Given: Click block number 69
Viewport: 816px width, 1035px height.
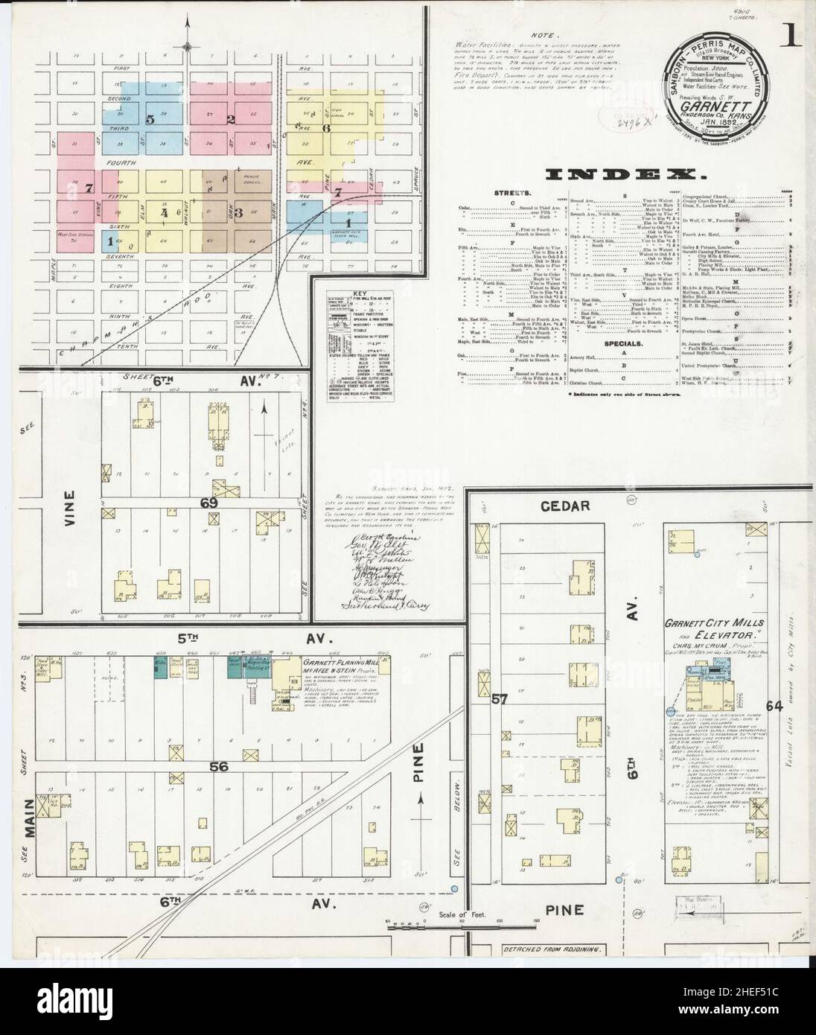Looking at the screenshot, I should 208,503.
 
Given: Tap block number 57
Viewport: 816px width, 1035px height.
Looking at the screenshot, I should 499,700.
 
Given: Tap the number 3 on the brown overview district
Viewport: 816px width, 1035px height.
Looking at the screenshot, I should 240,212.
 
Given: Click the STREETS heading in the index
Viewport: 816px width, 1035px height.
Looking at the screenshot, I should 506,193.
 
